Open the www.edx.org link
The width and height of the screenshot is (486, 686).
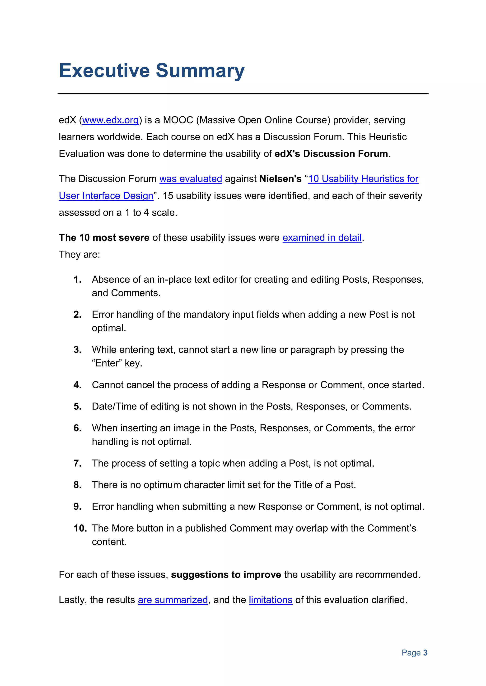[110, 120]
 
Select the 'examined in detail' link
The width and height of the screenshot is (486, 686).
[322, 238]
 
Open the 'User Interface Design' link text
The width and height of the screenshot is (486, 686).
[106, 196]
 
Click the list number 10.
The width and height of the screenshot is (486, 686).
[80, 528]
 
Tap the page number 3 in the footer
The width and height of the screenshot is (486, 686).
[425, 653]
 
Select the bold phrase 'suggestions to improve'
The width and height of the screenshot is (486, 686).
[226, 575]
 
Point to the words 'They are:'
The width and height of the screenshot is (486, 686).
[79, 255]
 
